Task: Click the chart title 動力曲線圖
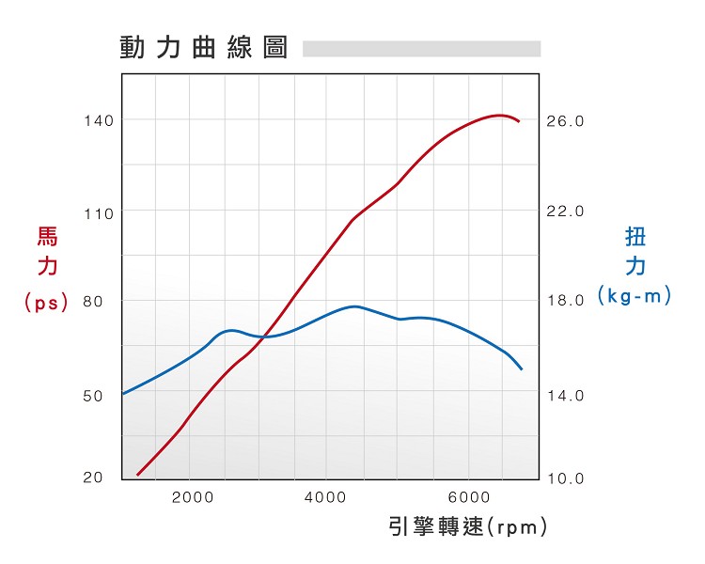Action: click(203, 47)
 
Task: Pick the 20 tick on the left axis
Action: click(93, 477)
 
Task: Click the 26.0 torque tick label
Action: click(566, 121)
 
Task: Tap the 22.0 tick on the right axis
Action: click(566, 211)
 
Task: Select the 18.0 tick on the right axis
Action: click(566, 301)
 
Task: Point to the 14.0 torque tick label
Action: click(566, 396)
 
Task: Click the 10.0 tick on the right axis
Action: click(566, 478)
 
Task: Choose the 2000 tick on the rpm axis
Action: click(193, 497)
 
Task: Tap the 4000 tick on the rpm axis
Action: click(328, 497)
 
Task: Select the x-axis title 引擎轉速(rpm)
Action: click(467, 526)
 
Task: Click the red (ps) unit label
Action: click(47, 303)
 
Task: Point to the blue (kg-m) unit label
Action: click(635, 296)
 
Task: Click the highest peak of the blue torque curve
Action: click(354, 306)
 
